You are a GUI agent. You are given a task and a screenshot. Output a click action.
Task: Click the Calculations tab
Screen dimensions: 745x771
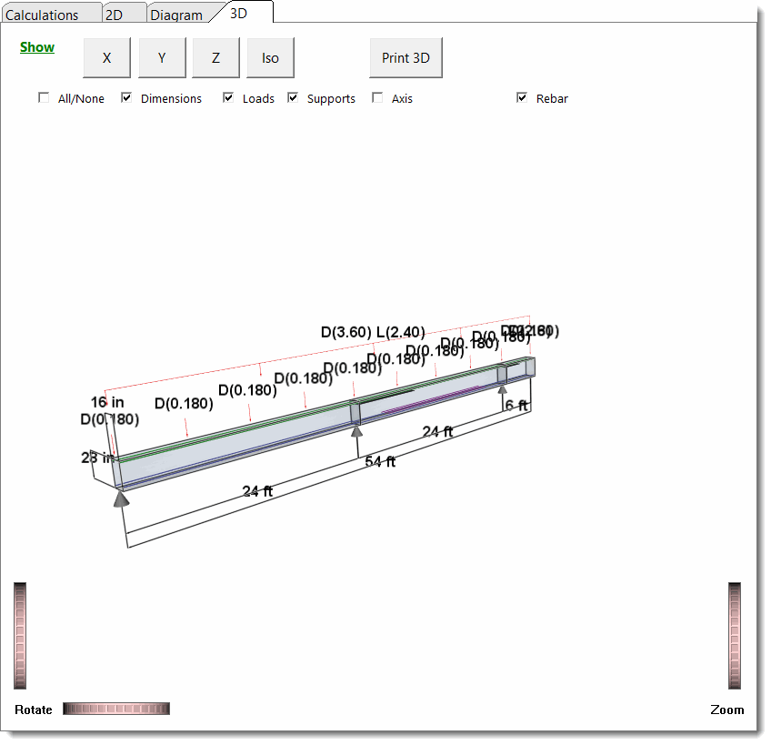click(x=42, y=15)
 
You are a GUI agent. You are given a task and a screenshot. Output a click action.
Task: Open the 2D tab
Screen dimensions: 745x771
click(x=114, y=15)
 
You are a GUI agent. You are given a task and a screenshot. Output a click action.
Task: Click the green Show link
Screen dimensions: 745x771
click(x=37, y=47)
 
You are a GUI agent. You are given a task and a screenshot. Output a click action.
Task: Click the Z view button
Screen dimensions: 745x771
click(x=215, y=58)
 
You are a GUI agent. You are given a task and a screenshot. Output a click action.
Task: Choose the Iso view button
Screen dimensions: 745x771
click(x=270, y=58)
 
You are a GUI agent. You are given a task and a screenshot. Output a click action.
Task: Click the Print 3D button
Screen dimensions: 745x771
click(x=406, y=58)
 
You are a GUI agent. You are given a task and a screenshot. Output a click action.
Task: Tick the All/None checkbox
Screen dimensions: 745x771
click(x=44, y=98)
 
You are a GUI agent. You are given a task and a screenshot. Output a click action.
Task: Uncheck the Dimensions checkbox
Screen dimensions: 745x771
click(x=126, y=98)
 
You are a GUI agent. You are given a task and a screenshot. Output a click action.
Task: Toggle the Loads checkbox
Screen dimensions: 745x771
click(x=228, y=98)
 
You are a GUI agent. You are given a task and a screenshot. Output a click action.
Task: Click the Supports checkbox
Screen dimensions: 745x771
click(x=293, y=98)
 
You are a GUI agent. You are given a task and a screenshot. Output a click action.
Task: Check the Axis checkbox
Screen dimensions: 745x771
click(x=377, y=98)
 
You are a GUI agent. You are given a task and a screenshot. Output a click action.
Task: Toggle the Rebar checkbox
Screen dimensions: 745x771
click(x=522, y=98)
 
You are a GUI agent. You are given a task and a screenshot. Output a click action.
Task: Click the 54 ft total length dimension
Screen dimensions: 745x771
click(x=380, y=462)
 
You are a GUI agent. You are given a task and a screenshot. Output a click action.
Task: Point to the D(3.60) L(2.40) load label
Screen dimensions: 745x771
click(x=373, y=333)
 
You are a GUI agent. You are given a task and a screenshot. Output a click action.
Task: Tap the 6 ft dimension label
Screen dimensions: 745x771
click(x=516, y=406)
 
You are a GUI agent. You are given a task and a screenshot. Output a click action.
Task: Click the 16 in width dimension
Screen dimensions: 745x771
click(x=107, y=402)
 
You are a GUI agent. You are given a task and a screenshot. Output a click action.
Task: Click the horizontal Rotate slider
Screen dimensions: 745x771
click(x=116, y=709)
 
